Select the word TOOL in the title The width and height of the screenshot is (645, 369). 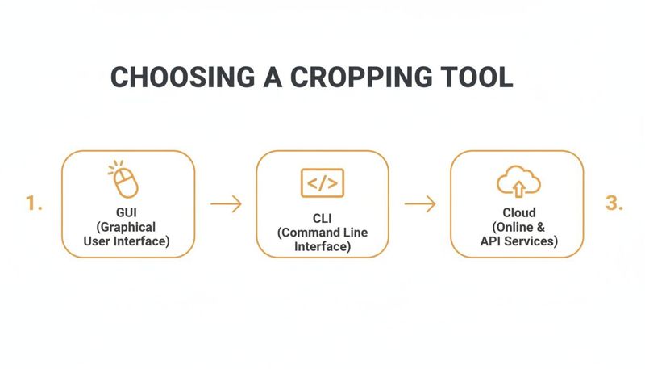tap(474, 78)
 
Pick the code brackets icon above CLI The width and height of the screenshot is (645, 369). tap(322, 183)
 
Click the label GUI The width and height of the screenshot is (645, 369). tap(128, 213)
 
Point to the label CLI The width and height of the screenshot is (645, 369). tap(322, 218)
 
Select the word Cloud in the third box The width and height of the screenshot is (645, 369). tap(517, 213)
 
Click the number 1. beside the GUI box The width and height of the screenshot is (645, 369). tap(34, 204)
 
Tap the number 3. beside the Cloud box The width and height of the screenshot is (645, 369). tap(614, 204)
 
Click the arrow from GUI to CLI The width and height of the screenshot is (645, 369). tap(226, 204)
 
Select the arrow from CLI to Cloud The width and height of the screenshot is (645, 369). tap(420, 204)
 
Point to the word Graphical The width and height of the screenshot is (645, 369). tap(128, 227)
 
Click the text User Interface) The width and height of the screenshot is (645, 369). tap(128, 241)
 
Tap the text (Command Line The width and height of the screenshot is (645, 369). tap(322, 232)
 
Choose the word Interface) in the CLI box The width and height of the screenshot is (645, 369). tap(322, 246)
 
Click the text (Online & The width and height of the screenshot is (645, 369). tap(517, 227)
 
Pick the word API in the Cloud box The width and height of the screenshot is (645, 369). tap(491, 241)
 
